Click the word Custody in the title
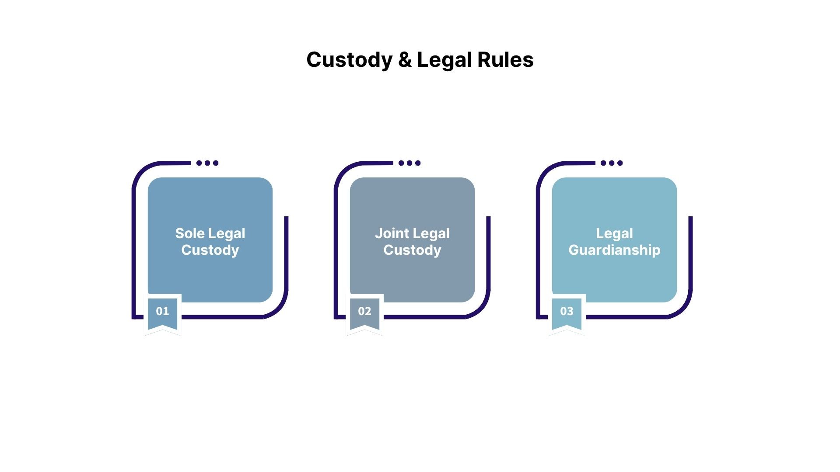tap(349, 60)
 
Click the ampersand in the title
tap(405, 60)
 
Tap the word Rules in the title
tap(505, 59)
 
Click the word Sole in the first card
tap(190, 233)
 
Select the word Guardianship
tap(614, 250)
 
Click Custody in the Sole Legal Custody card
tap(210, 250)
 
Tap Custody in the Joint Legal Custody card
tap(413, 250)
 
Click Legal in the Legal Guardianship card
tap(614, 234)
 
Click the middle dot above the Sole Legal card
tap(207, 163)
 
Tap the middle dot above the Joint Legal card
tap(409, 163)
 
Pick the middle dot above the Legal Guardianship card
tap(612, 163)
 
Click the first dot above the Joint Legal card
tap(401, 163)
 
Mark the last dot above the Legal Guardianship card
tap(620, 163)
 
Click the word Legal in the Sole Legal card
tap(227, 234)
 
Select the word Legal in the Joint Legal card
tap(431, 234)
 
